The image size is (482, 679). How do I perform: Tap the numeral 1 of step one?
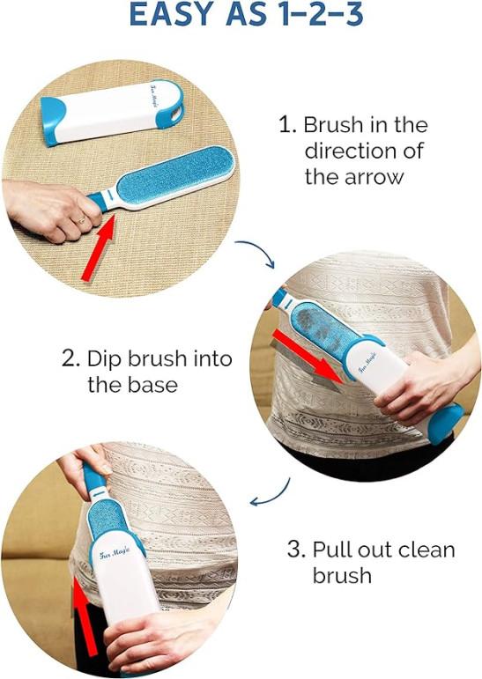pyautogui.click(x=285, y=125)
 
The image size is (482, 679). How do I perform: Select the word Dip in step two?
pyautogui.click(x=103, y=359)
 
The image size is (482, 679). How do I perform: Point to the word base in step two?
pyautogui.click(x=154, y=385)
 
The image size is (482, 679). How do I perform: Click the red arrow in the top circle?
pyautogui.click(x=99, y=247)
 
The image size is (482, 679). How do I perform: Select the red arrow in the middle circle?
pyautogui.click(x=308, y=357)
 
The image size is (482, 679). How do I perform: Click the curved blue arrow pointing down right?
pyautogui.click(x=257, y=252)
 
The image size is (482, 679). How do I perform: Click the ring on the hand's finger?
pyautogui.click(x=81, y=220)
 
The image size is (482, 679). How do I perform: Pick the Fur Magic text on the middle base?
pyautogui.click(x=367, y=364)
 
